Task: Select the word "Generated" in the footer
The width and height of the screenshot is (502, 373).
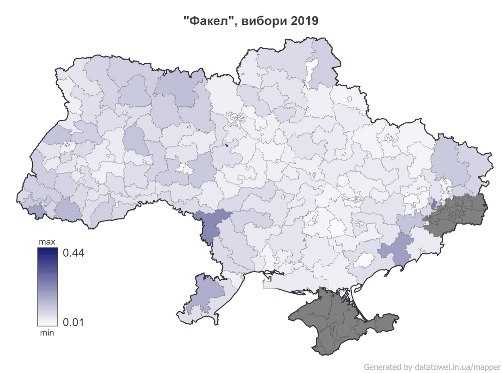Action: (x=383, y=366)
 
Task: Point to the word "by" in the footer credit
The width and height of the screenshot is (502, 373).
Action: (x=408, y=366)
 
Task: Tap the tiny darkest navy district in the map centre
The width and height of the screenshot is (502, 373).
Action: (x=226, y=145)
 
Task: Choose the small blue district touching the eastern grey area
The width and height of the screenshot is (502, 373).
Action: (x=434, y=205)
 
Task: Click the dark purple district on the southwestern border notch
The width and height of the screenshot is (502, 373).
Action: (x=210, y=224)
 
